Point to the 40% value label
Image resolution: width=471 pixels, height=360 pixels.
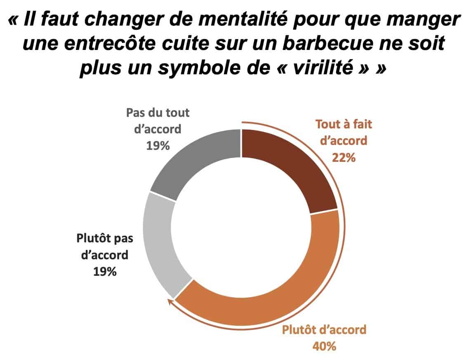tap(324, 346)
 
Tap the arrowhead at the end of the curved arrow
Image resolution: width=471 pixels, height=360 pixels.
tap(170, 303)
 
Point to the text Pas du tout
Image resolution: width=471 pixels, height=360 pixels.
tap(158, 112)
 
